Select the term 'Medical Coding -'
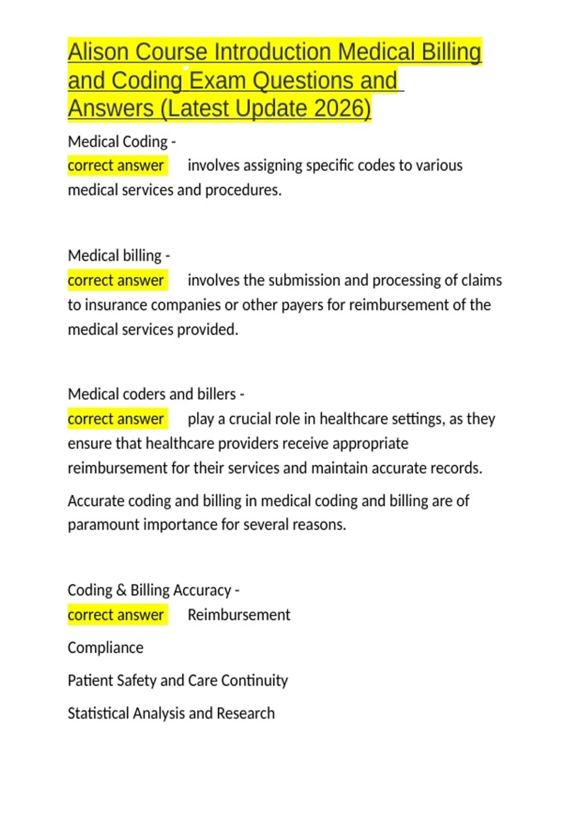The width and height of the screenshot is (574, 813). [x=121, y=142]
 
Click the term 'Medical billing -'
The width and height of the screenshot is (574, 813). [x=119, y=255]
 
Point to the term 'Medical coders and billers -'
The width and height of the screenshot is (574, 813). [x=156, y=394]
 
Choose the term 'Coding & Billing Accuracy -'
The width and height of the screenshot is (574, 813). [x=154, y=590]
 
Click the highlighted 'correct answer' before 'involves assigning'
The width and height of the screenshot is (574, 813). [x=116, y=165]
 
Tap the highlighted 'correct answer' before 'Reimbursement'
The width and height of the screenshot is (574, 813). [x=116, y=615]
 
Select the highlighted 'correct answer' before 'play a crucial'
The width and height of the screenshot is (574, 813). [x=116, y=419]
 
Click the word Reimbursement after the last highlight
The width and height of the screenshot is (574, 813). [x=239, y=615]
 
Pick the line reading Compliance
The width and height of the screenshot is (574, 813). [x=105, y=648]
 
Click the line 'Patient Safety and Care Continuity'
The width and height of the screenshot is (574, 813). [x=177, y=681]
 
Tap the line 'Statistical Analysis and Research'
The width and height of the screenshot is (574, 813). [x=171, y=714]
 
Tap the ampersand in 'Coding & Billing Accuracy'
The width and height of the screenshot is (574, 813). [x=121, y=590]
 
